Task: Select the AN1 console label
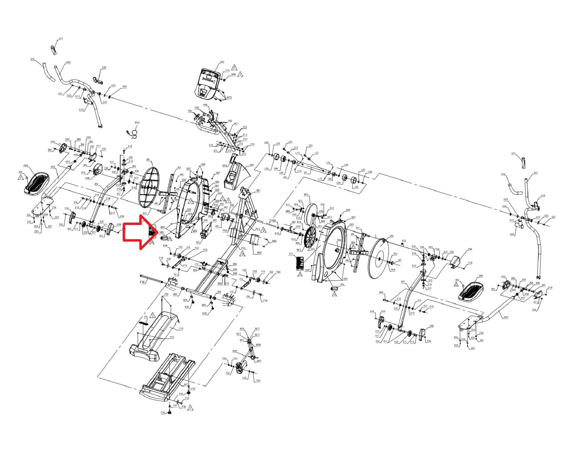coord(222,62)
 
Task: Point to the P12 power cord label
coord(137,123)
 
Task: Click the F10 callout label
coord(142,282)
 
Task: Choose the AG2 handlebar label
coord(68,63)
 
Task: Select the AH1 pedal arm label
coord(506,317)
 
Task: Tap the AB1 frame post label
coord(258,191)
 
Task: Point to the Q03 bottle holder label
coord(251,165)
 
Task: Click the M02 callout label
coord(259,252)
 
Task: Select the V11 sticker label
coord(291,254)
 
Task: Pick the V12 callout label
coord(146,317)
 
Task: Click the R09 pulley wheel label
coord(306,195)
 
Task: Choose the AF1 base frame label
coord(186,385)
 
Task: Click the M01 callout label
coord(235,351)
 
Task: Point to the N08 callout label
coord(233,75)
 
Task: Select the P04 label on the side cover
coord(339,240)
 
